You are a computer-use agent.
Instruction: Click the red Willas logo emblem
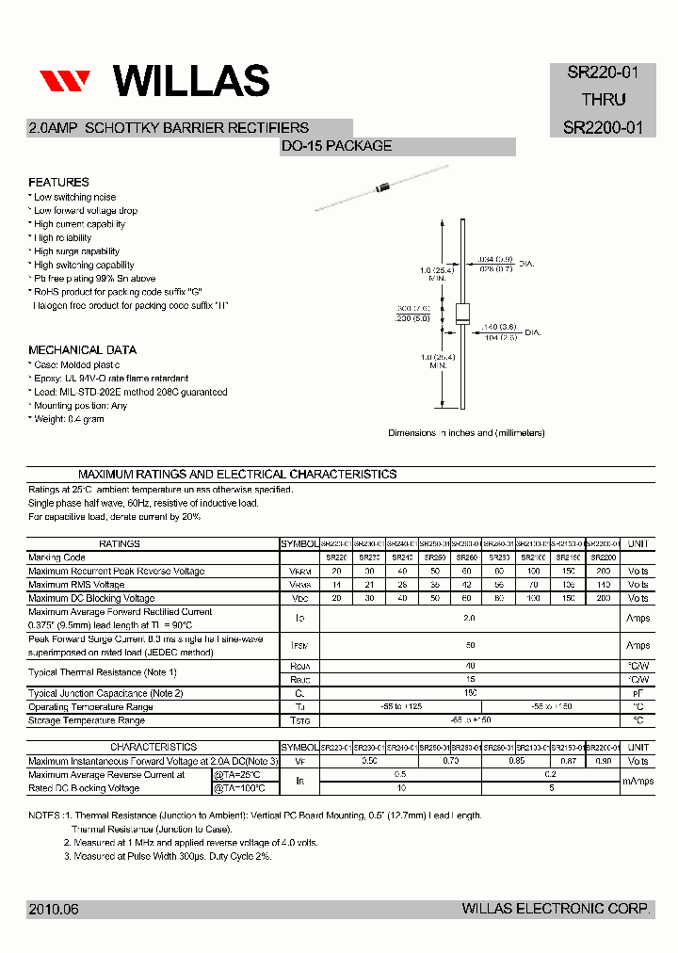pos(64,81)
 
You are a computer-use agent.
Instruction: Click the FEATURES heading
pos(58,182)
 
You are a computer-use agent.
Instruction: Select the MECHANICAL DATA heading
pos(82,349)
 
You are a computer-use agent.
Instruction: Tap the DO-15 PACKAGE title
pos(336,146)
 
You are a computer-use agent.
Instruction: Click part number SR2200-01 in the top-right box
pos(603,127)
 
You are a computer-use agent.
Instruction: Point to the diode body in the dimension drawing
pos(462,315)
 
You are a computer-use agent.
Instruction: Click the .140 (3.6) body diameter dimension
pos(499,327)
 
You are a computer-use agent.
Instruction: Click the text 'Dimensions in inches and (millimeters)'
pos(466,433)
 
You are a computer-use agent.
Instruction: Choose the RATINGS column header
pos(119,543)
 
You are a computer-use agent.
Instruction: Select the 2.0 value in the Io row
pos(470,618)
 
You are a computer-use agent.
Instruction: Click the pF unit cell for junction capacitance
pos(638,693)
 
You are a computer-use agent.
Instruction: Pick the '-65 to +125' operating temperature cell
pos(400,706)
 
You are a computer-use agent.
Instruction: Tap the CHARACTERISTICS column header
pos(153,747)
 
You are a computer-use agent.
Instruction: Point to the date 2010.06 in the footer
pos(54,909)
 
